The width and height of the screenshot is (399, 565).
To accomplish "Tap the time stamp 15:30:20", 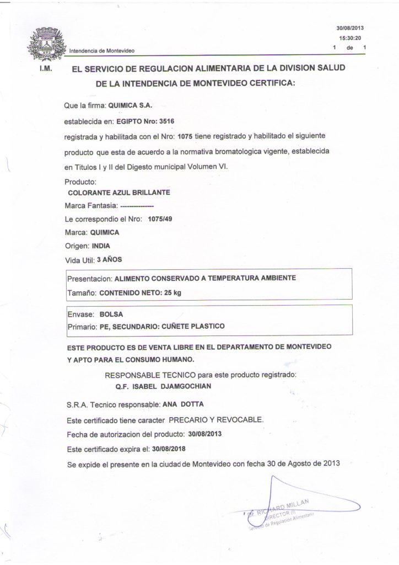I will pyautogui.click(x=349, y=38).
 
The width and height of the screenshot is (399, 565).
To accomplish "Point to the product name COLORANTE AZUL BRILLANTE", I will pyautogui.click(x=118, y=193).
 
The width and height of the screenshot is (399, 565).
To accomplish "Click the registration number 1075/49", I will pyautogui.click(x=160, y=219).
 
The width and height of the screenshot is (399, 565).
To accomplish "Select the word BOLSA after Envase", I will pyautogui.click(x=111, y=314).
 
